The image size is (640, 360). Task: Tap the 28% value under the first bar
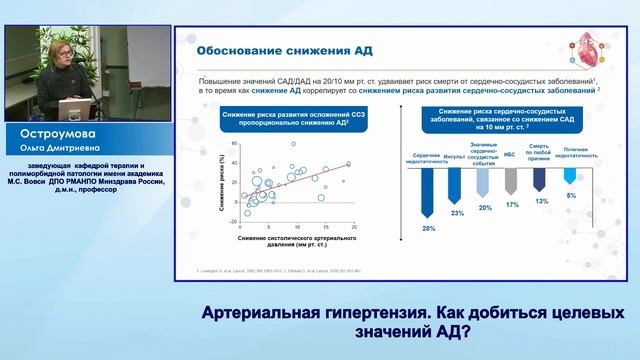[x=428, y=229]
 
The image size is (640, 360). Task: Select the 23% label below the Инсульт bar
[x=456, y=213]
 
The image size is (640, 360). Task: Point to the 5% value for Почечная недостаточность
[x=569, y=195]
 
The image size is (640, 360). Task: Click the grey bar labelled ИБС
[x=511, y=181]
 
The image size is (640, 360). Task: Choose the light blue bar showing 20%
[x=484, y=183]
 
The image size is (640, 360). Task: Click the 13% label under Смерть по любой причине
[x=540, y=201]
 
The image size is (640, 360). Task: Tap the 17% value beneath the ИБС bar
[x=512, y=205]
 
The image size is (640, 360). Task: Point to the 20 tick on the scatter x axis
[x=354, y=229]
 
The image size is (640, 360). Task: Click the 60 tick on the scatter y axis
[x=236, y=144]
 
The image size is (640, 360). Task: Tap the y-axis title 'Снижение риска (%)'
[x=220, y=179]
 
